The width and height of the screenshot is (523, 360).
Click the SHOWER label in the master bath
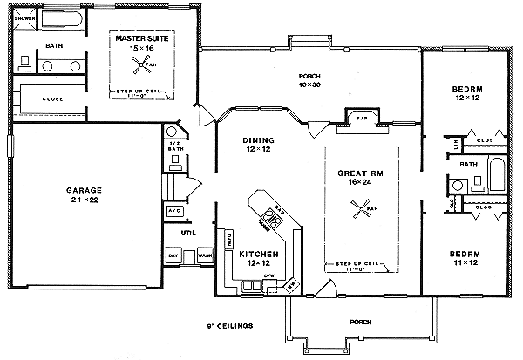click(24, 18)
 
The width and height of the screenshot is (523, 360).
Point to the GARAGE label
click(85, 190)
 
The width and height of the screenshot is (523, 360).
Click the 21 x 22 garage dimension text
click(85, 201)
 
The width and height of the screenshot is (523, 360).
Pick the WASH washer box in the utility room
click(204, 255)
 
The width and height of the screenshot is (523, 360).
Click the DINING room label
click(259, 140)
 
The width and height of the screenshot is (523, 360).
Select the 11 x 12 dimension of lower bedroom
click(465, 262)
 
